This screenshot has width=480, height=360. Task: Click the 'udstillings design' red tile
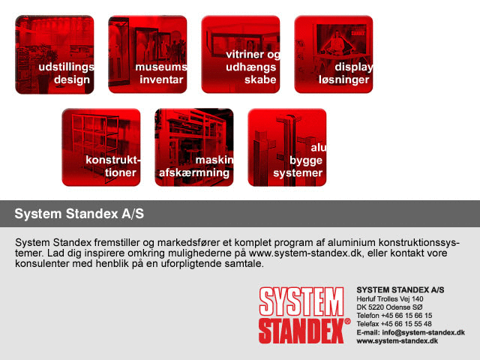coord(55,55)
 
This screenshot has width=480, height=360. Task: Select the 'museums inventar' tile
coord(148,55)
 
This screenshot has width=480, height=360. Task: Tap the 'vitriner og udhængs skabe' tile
coord(241,55)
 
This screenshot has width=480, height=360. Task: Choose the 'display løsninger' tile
coord(334,55)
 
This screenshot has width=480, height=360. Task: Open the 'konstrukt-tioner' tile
coord(101,147)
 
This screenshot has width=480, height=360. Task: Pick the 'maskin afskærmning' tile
coord(194,147)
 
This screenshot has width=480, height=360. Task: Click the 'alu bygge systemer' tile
coord(287,147)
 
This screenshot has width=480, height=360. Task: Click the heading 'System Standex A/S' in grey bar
coord(79,214)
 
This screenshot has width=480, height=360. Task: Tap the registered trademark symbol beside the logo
coord(347,322)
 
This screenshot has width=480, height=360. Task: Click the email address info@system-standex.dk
coord(423,332)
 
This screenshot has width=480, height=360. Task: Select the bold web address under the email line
coord(397,341)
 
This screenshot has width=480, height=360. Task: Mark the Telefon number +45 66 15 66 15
coord(406,316)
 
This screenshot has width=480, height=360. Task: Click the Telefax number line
coord(394,324)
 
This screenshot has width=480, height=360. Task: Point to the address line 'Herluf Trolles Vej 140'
coord(390,299)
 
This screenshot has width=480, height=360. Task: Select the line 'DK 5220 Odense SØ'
coord(389,307)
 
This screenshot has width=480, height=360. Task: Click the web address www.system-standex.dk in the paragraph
coord(305,253)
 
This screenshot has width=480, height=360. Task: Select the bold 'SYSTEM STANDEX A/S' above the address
coord(400,290)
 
